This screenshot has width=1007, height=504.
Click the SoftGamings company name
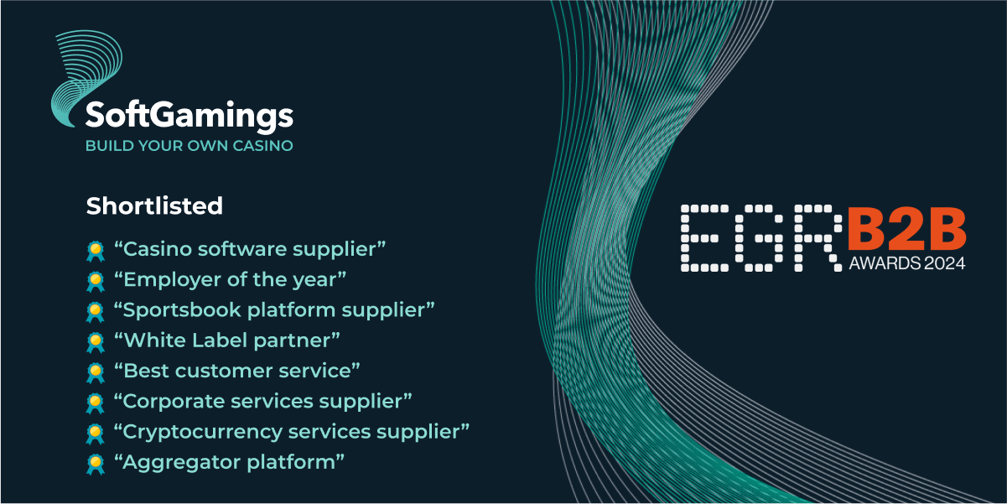[x=189, y=116]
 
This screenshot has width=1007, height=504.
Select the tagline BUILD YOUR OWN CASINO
[x=189, y=146]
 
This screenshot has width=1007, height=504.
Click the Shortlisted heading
[x=154, y=205]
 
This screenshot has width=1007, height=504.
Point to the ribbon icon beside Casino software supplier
[x=95, y=251]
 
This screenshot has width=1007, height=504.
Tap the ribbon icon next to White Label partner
[x=95, y=342]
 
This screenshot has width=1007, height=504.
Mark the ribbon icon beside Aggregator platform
[x=95, y=464]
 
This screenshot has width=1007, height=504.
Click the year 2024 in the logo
[x=942, y=263]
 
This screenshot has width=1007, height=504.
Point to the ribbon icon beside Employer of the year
[x=95, y=281]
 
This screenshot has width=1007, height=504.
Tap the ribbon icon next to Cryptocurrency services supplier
[x=95, y=434]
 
